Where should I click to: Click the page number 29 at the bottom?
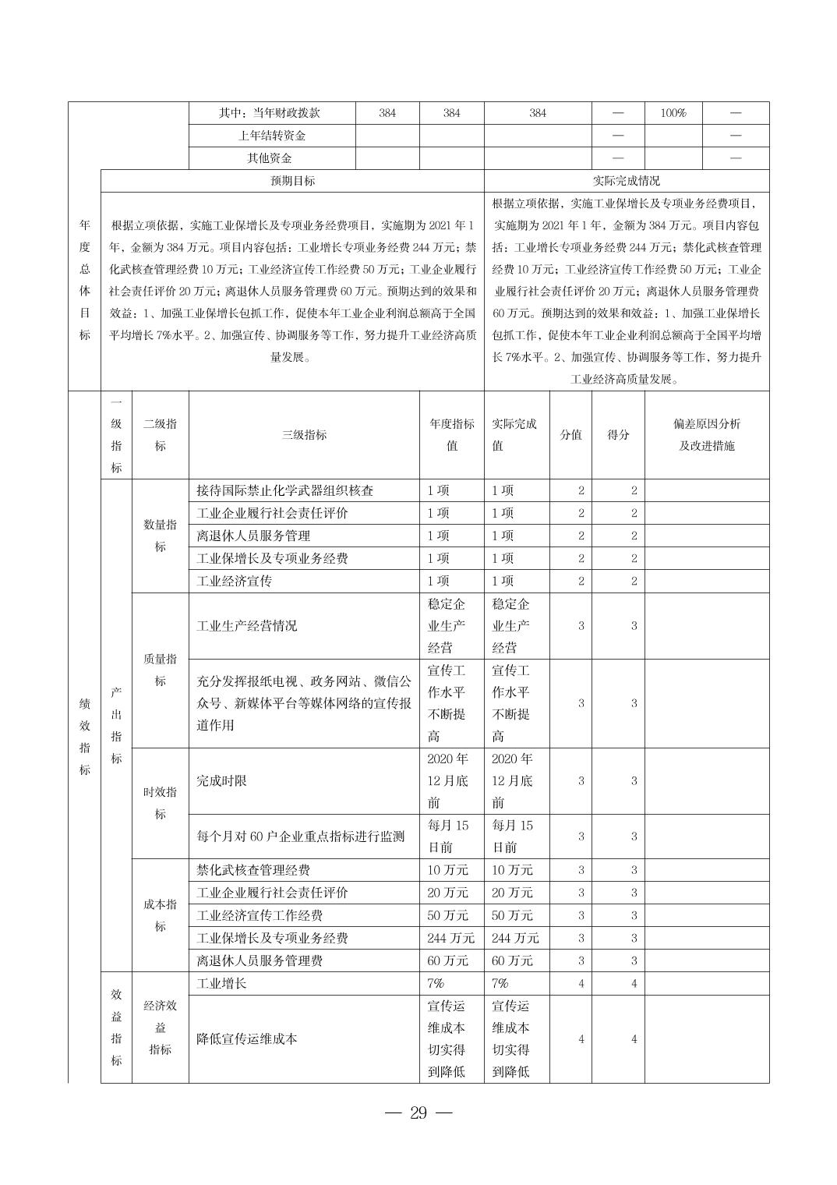click(x=418, y=1112)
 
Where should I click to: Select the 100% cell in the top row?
click(x=673, y=113)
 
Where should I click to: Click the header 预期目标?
click(x=292, y=181)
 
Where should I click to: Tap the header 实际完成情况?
click(x=626, y=181)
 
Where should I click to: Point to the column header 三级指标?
click(x=304, y=435)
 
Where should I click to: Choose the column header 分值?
click(x=570, y=435)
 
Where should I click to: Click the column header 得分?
click(x=618, y=435)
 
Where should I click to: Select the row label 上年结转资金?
click(x=272, y=136)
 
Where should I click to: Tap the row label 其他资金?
click(x=270, y=158)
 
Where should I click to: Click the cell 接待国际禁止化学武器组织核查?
click(x=285, y=490)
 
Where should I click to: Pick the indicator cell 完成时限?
click(x=222, y=780)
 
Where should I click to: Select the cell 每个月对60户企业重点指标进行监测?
click(x=301, y=837)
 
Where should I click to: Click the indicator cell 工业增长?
click(x=222, y=983)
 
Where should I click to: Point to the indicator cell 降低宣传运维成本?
click(x=247, y=1038)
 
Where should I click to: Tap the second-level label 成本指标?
click(x=160, y=915)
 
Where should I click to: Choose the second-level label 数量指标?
click(x=160, y=536)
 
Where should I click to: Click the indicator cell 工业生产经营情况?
click(x=247, y=625)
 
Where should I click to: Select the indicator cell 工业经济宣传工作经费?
click(x=260, y=915)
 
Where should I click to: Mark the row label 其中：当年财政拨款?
click(x=270, y=113)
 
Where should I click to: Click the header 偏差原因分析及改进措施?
click(x=707, y=435)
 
